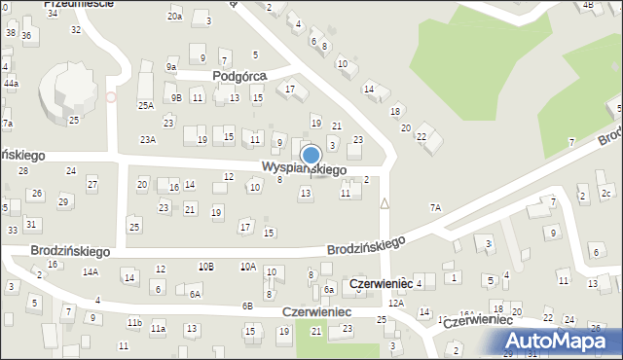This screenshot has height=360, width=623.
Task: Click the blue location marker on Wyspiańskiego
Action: (311, 155)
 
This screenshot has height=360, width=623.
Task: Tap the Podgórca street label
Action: (240, 75)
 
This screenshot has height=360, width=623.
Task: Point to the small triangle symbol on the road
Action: (385, 203)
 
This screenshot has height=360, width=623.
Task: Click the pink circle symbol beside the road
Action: (110, 96)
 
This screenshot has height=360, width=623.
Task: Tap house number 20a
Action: (174, 17)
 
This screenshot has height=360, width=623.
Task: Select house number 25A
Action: (146, 105)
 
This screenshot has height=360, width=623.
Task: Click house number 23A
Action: (147, 140)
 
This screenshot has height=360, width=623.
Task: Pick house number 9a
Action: (171, 67)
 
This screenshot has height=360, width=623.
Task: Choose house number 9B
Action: (175, 97)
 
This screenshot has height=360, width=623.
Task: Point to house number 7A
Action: (435, 207)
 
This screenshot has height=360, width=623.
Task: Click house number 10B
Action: (205, 266)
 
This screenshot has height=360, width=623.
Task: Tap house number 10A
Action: (248, 266)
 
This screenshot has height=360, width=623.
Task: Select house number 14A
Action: (91, 272)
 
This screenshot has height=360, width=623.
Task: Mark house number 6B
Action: (247, 306)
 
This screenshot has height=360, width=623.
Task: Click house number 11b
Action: (134, 322)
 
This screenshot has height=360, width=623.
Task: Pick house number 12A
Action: (395, 304)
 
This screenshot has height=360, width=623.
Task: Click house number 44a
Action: (11, 84)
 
